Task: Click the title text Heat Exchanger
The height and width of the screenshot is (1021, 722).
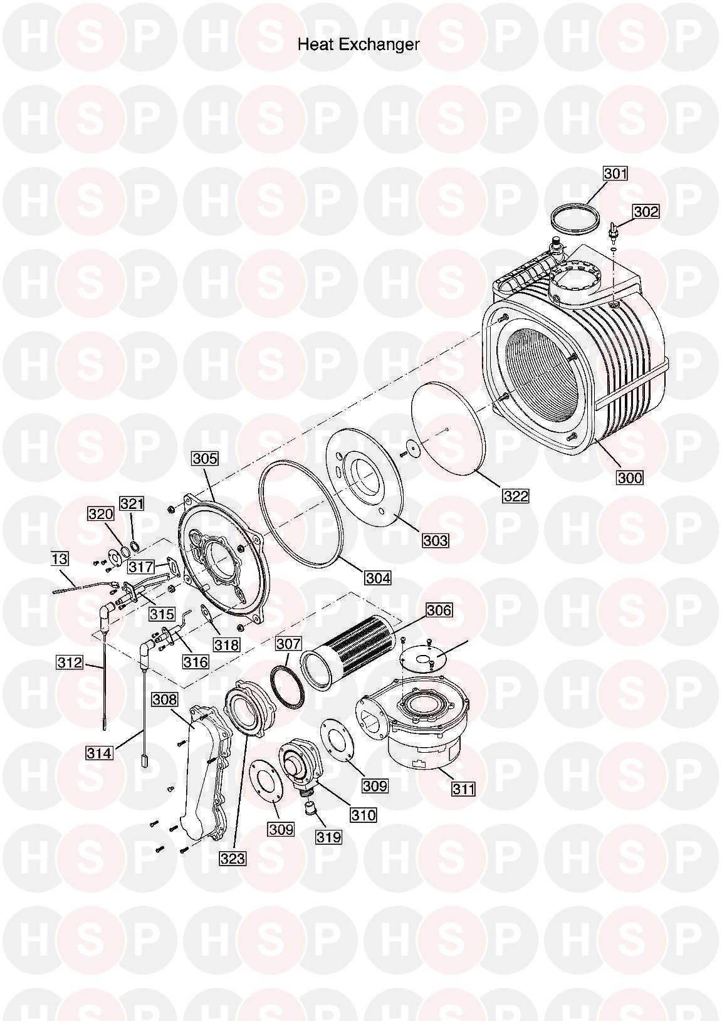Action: point(358,45)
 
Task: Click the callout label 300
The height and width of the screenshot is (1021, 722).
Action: point(630,478)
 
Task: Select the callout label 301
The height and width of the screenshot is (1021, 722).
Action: point(615,173)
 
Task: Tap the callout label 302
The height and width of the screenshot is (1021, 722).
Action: point(646,212)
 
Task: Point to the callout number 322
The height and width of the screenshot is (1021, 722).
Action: point(516,496)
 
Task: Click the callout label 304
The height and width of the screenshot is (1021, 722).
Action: point(378,577)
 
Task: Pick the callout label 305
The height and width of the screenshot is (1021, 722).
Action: point(205,459)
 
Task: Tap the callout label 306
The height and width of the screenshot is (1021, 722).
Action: point(439,610)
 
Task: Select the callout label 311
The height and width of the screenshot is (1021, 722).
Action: point(463,788)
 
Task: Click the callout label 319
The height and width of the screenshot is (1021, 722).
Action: point(329,836)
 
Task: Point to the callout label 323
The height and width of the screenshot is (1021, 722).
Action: point(233,859)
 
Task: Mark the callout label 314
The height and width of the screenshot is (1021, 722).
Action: point(100,752)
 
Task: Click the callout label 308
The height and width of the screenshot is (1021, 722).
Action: point(164,699)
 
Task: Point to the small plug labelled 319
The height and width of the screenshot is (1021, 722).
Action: point(308,812)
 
